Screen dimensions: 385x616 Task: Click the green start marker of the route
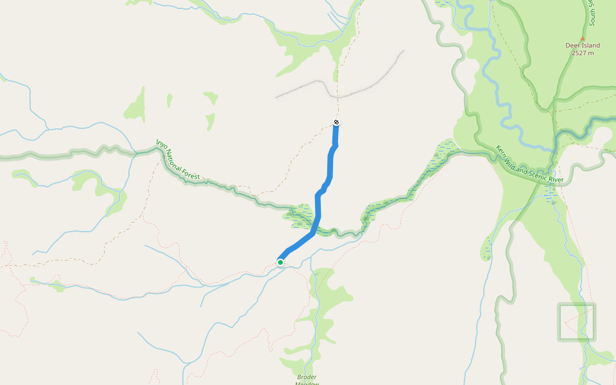coord(280,262)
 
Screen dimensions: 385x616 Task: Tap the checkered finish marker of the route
coord(336,123)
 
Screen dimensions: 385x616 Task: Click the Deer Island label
coord(583,46)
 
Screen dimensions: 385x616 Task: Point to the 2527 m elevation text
coord(583,53)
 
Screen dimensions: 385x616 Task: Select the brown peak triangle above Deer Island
coord(583,38)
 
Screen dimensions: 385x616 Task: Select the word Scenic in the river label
coord(538,175)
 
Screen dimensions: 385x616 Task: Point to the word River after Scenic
coord(556,180)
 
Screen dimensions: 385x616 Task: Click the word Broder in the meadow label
coord(307,377)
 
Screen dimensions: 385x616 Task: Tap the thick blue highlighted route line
coord(330,170)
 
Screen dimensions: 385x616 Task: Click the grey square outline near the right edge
coord(576,321)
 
